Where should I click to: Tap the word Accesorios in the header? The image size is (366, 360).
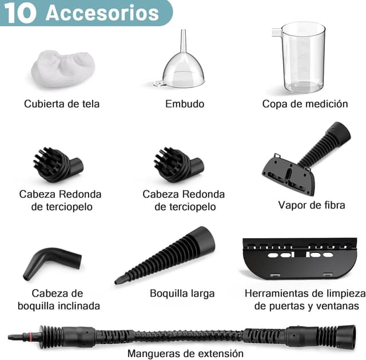[102, 13]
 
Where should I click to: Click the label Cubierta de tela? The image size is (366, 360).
[62, 104]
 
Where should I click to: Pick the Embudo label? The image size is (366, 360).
[184, 104]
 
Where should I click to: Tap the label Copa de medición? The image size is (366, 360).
[305, 104]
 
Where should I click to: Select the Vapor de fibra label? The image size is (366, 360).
[312, 204]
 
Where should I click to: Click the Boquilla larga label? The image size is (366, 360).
[182, 293]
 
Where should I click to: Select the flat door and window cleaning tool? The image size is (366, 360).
[299, 258]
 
